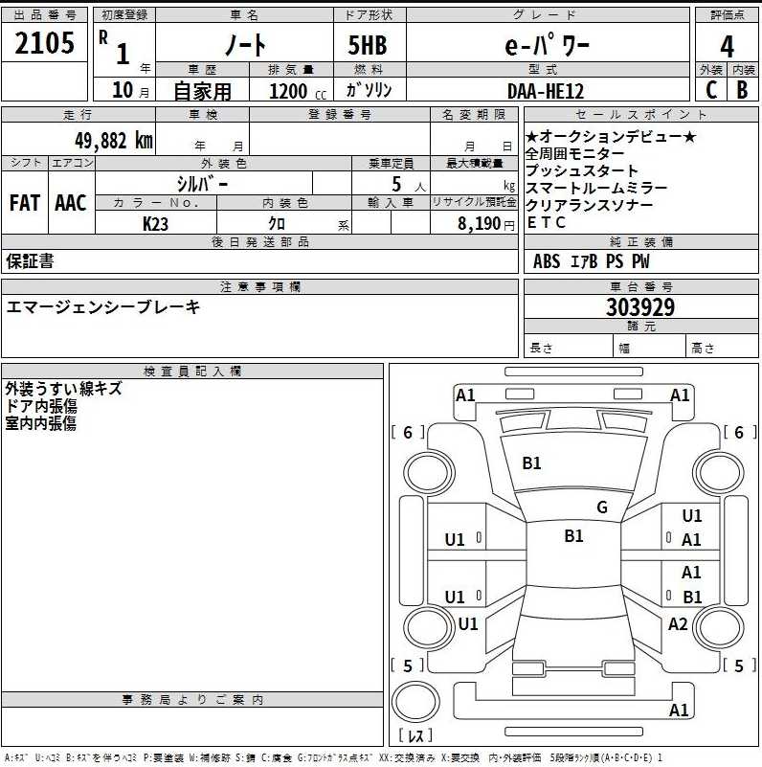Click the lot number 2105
[44, 42]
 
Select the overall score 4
[727, 47]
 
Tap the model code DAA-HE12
[546, 91]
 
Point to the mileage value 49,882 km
[114, 141]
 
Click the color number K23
[155, 223]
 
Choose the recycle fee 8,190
[479, 223]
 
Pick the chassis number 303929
[640, 307]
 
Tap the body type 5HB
[368, 46]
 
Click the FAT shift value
[25, 202]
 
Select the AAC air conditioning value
[71, 202]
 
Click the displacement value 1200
[288, 91]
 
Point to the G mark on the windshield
[602, 507]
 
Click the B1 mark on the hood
[531, 462]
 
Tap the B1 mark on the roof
[573, 535]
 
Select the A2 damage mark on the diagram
[678, 623]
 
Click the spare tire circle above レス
[415, 701]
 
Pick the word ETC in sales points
[547, 222]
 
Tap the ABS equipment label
[547, 261]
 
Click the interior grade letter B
[742, 89]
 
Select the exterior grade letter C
[711, 89]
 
